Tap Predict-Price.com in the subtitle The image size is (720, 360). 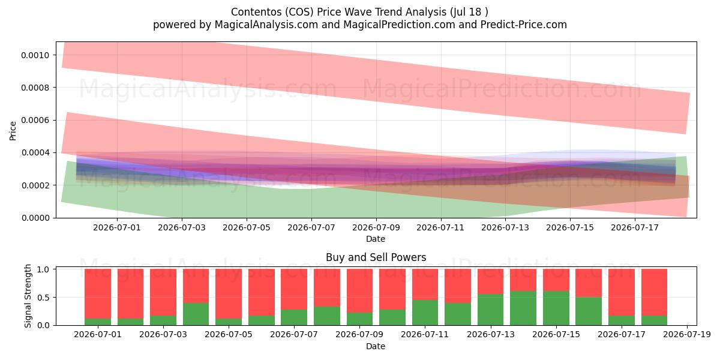[524, 25]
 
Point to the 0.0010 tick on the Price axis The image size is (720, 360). [35, 55]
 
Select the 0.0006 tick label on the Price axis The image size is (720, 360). [35, 120]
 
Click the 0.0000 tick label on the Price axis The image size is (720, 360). [35, 218]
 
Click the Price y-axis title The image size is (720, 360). [13, 131]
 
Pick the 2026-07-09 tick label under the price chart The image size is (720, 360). [376, 227]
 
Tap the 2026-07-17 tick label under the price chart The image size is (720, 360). [635, 227]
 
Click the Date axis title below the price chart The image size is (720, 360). [376, 239]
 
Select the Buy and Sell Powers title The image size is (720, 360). [376, 257]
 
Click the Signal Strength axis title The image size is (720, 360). [28, 296]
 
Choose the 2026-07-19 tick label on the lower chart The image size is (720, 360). [687, 335]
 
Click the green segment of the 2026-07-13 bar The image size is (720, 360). [491, 310]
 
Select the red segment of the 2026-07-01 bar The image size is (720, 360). [98, 294]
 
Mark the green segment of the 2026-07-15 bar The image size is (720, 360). [556, 308]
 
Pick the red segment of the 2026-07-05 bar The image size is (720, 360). [229, 294]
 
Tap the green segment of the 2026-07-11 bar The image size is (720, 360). [425, 313]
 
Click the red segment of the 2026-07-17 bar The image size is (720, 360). [622, 292]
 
